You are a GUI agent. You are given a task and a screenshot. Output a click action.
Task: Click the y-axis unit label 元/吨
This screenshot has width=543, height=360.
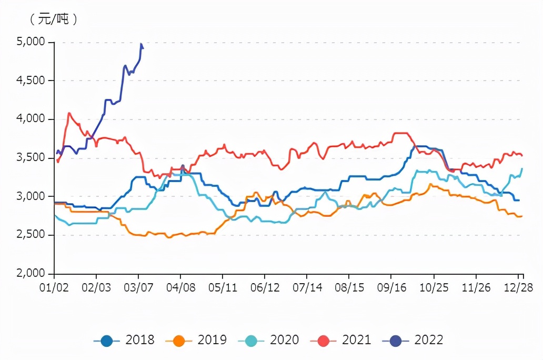(x=54, y=19)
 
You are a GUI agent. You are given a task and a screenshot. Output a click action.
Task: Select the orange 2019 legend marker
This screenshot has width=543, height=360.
(x=179, y=340)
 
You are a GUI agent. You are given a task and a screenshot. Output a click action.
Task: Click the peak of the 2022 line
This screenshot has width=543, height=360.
(x=141, y=44)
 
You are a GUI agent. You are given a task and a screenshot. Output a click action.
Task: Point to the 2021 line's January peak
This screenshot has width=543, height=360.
(x=69, y=113)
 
